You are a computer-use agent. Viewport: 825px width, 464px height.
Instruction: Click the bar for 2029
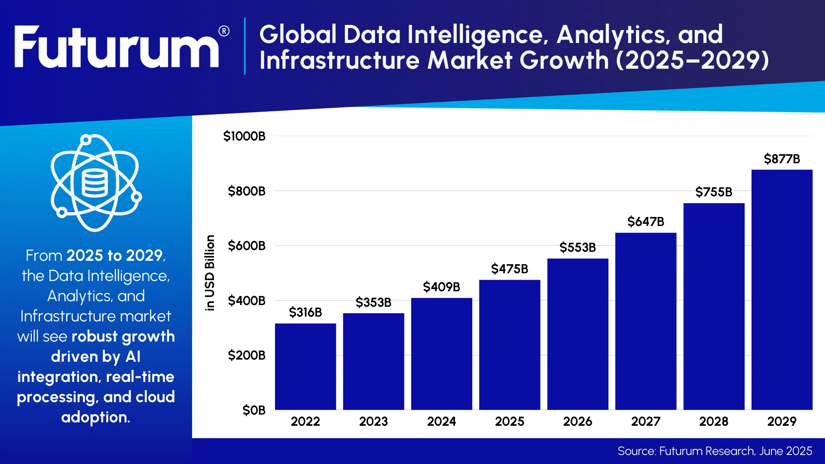coord(782,290)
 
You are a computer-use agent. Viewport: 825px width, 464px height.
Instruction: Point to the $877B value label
coord(782,159)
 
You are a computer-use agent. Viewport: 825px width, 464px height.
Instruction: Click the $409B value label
coord(441,287)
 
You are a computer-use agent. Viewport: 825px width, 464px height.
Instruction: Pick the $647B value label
coord(645,222)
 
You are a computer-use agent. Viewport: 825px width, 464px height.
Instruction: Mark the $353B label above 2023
coord(373,302)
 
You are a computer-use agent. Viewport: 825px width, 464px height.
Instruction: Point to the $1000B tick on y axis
coord(244,136)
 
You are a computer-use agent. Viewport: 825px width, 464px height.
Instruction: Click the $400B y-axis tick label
coord(246,301)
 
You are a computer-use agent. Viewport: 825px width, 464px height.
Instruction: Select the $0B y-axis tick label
coord(254,410)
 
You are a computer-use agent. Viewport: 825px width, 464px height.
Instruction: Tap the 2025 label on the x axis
coord(509,421)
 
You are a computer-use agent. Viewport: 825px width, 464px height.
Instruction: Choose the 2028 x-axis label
coord(713,421)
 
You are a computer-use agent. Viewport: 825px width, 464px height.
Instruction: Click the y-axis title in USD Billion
coord(210,273)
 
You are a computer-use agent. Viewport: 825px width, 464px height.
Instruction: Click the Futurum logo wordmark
coord(116,47)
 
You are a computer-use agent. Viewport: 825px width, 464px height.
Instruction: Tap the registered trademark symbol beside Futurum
coord(224,31)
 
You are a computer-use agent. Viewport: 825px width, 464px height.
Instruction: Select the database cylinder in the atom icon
coord(94,183)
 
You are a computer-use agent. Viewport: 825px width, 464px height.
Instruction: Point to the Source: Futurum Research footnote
coord(715,451)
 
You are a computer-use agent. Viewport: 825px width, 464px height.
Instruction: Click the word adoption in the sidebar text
coord(95,417)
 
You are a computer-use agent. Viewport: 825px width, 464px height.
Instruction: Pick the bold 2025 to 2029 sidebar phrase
coord(114,256)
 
